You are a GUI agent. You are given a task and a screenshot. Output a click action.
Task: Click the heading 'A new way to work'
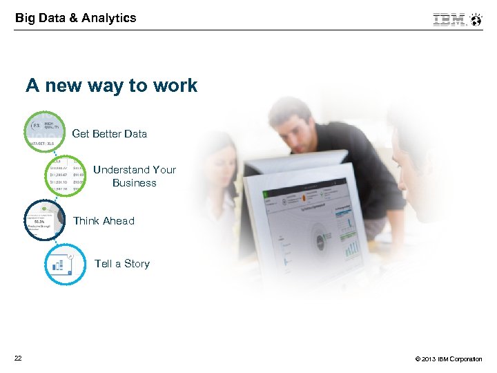(112, 86)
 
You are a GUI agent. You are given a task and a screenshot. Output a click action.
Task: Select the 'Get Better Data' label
(109, 134)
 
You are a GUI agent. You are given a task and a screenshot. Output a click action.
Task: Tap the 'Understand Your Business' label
(135, 176)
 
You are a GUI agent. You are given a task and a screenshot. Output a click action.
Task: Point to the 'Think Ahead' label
(104, 221)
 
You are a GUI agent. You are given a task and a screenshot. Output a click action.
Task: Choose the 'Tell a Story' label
(121, 264)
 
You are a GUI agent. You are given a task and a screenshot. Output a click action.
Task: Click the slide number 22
(17, 358)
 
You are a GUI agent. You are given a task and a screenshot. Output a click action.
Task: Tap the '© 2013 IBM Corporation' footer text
(449, 359)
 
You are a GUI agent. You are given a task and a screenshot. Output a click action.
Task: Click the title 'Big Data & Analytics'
(76, 18)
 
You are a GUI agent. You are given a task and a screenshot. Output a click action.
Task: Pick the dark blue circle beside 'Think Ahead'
(44, 220)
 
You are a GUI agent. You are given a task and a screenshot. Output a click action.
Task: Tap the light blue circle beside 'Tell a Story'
(66, 264)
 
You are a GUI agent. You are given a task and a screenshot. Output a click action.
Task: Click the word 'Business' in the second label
(135, 183)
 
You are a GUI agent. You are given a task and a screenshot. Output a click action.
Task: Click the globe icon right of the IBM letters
(476, 19)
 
